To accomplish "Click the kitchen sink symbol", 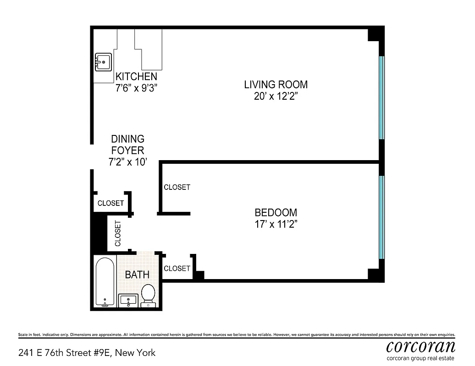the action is [103, 62].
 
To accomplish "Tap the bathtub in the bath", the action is [105, 282].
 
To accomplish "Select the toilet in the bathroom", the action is [148, 296].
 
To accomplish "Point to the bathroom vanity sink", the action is [128, 301].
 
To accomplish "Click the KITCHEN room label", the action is [136, 76].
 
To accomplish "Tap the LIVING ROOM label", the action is [276, 84].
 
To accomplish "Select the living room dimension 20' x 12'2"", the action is [276, 96].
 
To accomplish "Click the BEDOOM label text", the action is [276, 212].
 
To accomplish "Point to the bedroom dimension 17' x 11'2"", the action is [276, 224].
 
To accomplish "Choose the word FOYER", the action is [127, 150].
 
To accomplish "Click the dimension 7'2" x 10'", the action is [128, 162].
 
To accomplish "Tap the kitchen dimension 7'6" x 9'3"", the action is [136, 88].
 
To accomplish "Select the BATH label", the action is [137, 274].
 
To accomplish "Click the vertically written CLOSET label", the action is [118, 233].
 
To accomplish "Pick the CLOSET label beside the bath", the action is [177, 269].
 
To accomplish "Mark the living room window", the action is [381, 97].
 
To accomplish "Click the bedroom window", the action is [381, 217].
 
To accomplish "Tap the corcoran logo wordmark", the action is [420, 347].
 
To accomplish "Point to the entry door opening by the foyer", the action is [92, 157].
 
